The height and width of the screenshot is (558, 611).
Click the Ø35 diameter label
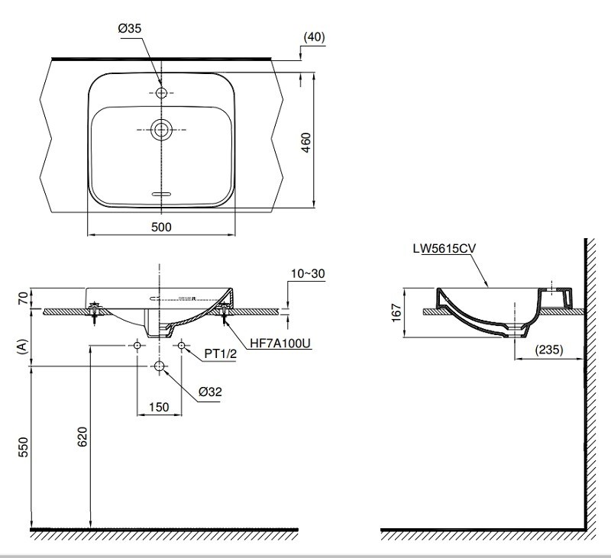(x=130, y=29)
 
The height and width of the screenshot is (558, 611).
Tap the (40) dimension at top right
(x=314, y=37)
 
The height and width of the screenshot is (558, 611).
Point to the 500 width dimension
(x=160, y=227)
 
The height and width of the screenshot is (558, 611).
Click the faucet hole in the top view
(x=161, y=93)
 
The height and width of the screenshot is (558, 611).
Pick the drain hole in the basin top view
(x=161, y=131)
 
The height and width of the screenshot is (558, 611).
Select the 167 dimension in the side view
(x=395, y=313)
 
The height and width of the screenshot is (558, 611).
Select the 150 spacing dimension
(x=159, y=407)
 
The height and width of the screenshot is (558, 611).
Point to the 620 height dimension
(x=82, y=435)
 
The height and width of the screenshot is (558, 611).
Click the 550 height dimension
(x=23, y=447)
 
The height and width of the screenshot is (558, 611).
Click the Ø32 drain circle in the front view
(x=159, y=367)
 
